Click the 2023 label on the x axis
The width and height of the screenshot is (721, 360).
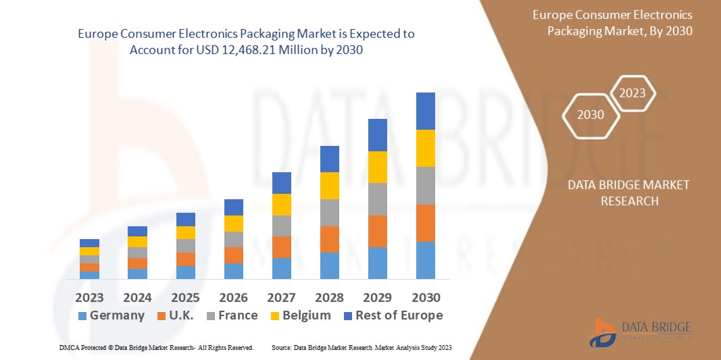point(89,297)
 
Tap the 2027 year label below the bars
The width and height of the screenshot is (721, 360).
point(281,297)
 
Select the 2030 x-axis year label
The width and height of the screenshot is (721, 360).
point(426,297)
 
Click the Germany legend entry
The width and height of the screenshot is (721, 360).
point(111,315)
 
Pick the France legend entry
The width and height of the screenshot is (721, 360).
point(231,315)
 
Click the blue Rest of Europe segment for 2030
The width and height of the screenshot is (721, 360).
point(426,111)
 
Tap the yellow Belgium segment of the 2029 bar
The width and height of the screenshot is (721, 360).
point(378,167)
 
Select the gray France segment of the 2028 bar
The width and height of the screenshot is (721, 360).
point(329,212)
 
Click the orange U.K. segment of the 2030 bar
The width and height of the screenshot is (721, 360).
point(426,223)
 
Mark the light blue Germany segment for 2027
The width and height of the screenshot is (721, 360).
point(281,268)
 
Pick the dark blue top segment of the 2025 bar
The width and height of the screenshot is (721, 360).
point(185,219)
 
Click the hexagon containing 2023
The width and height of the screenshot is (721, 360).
point(633,93)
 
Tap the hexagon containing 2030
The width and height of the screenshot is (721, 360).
point(591,115)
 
